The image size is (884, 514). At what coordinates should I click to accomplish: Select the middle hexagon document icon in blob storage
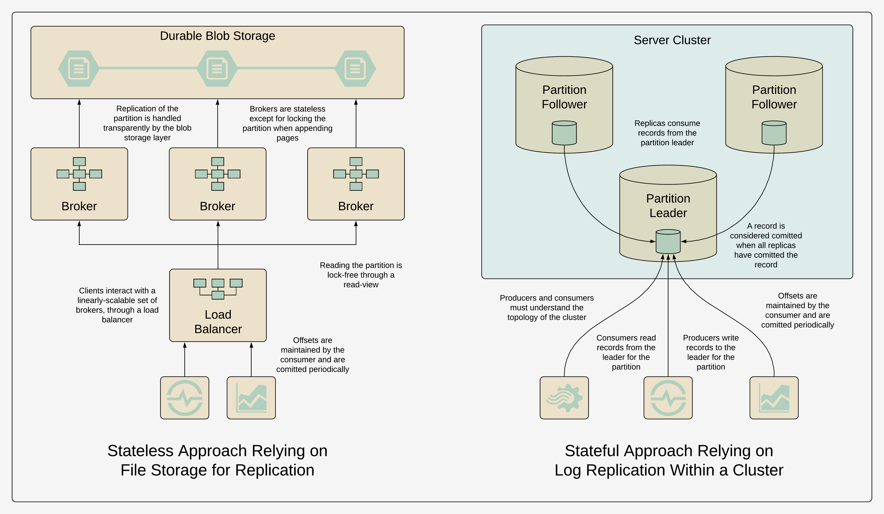coord(217,68)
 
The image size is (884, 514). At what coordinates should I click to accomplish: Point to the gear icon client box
coord(564,398)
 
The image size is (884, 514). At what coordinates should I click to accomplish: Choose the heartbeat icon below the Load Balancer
coord(185,398)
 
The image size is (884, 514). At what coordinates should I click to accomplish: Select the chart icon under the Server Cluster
coord(774,398)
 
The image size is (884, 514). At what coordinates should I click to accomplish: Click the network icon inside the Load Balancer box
coord(218,289)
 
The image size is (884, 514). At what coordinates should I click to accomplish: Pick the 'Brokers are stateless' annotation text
coord(287,123)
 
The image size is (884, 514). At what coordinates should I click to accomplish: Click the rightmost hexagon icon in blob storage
coord(355,68)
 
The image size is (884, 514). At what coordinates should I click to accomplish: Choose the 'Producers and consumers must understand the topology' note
coord(547,308)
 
